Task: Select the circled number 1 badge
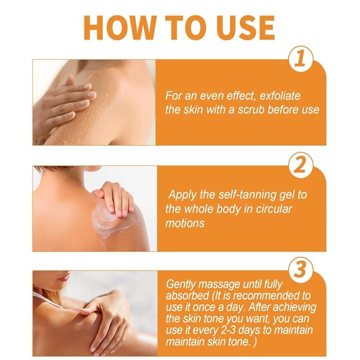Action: click(x=301, y=59)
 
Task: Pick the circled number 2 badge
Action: click(x=301, y=165)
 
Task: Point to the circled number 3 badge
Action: click(x=301, y=270)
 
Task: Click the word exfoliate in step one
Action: click(x=280, y=95)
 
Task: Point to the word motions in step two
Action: click(x=185, y=223)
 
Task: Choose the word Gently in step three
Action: click(x=180, y=285)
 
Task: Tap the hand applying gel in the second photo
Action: click(x=115, y=197)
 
